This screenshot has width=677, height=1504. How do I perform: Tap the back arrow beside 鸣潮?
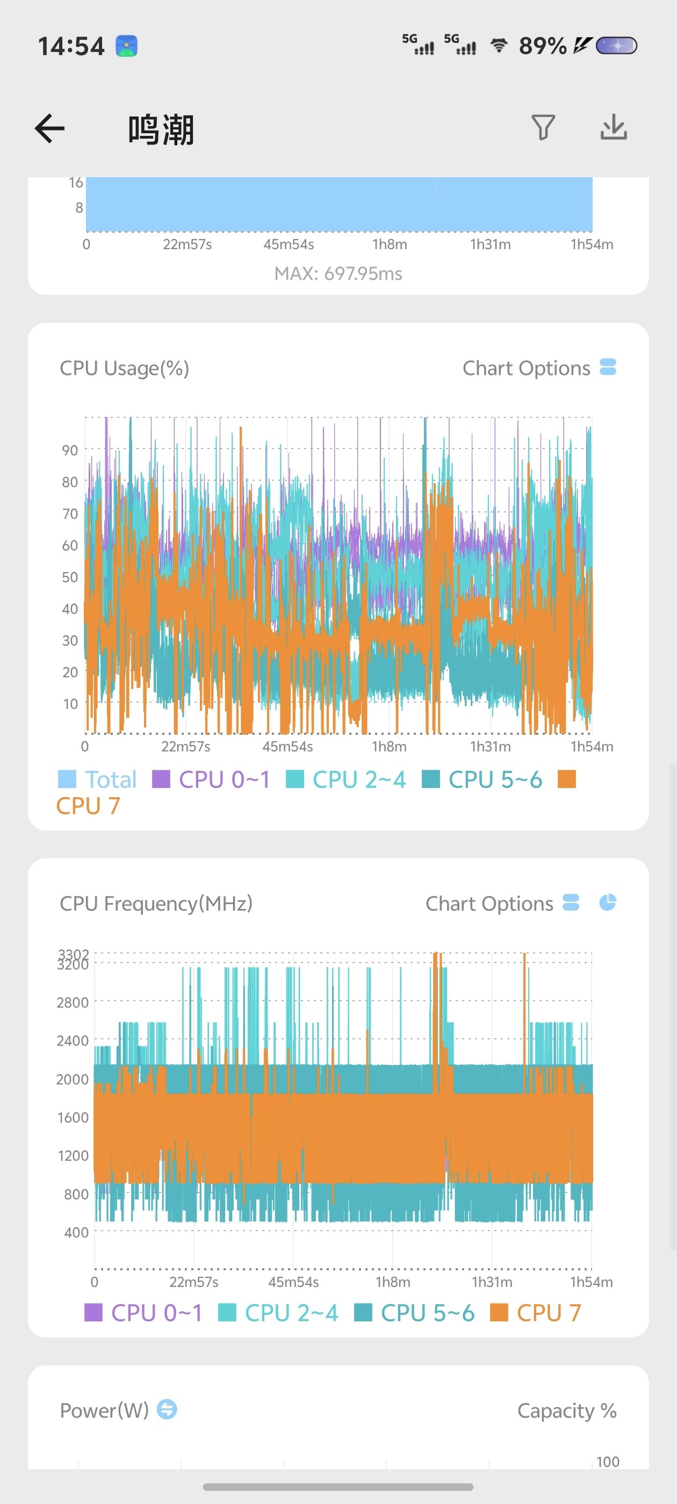tap(49, 128)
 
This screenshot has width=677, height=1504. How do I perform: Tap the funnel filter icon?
tap(543, 127)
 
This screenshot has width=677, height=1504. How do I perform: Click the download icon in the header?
tap(614, 127)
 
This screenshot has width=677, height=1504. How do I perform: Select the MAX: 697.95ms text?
tap(338, 273)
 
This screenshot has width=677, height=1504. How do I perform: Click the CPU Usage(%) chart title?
tap(125, 368)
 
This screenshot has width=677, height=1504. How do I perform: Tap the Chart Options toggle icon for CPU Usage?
tap(608, 367)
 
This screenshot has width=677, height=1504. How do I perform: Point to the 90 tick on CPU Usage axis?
tap(70, 450)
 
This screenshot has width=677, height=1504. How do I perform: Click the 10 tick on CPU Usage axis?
tap(70, 704)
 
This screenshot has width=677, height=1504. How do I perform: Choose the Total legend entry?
tap(98, 779)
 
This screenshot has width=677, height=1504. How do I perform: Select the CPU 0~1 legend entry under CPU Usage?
tap(211, 779)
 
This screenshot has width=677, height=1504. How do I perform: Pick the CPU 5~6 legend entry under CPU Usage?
tap(482, 779)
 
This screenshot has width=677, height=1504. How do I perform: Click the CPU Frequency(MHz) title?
tap(156, 904)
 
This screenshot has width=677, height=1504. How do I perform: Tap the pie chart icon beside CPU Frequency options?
tap(608, 902)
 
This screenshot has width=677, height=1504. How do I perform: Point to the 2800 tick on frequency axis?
tap(73, 1002)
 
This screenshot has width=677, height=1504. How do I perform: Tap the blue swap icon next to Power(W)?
tap(167, 1409)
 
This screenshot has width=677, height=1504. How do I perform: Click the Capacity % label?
tap(567, 1411)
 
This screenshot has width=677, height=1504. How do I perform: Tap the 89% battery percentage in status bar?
tap(542, 46)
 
